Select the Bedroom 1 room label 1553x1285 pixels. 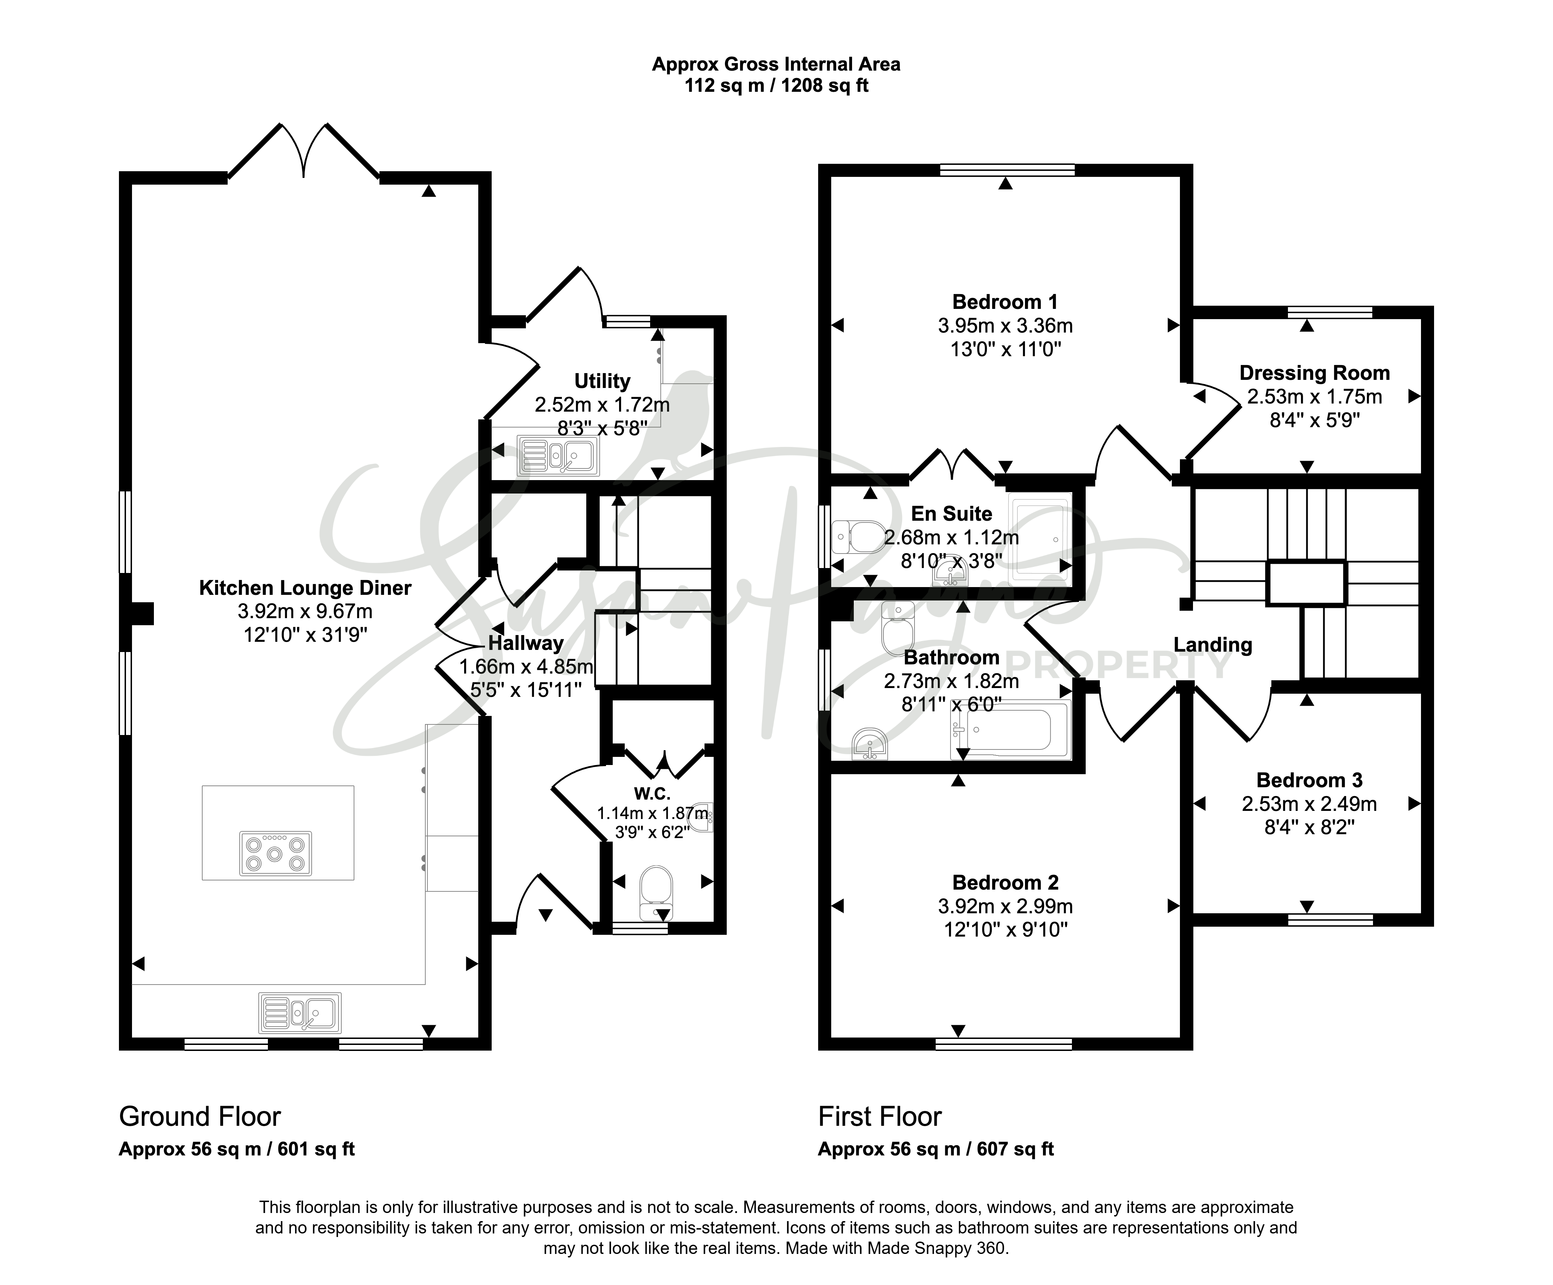1005,302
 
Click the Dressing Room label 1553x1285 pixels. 1314,373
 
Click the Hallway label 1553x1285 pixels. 526,643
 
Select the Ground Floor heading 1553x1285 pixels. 200,1116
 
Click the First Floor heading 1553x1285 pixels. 880,1116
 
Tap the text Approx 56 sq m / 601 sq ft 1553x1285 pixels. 236,1149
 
